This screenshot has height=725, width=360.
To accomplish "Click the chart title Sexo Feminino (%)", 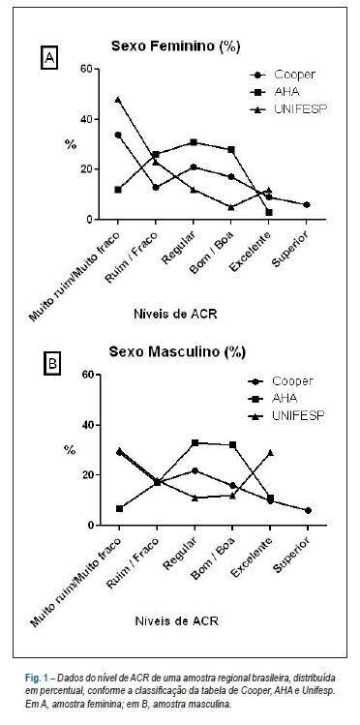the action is [175, 46].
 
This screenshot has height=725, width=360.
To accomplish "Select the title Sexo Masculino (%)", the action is [177, 352].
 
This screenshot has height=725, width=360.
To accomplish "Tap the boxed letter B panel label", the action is [52, 364].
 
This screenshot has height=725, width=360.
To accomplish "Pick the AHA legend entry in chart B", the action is [274, 398].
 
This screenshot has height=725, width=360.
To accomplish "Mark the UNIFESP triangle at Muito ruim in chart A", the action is [118, 100].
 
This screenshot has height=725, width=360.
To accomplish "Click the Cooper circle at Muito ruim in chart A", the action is [118, 135].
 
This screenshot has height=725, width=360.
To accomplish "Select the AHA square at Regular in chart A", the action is [194, 142].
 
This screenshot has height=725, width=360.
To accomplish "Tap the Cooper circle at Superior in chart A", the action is [307, 204].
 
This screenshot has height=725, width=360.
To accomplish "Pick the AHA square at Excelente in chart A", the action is [268, 212].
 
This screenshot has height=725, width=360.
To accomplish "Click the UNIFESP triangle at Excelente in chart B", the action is [270, 453].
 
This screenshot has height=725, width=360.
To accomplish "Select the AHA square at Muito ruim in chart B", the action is [119, 508].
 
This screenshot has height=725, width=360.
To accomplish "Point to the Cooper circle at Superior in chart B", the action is [309, 510].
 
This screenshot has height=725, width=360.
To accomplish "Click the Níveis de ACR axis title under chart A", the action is [175, 315].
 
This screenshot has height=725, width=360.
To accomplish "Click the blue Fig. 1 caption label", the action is [37, 679].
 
